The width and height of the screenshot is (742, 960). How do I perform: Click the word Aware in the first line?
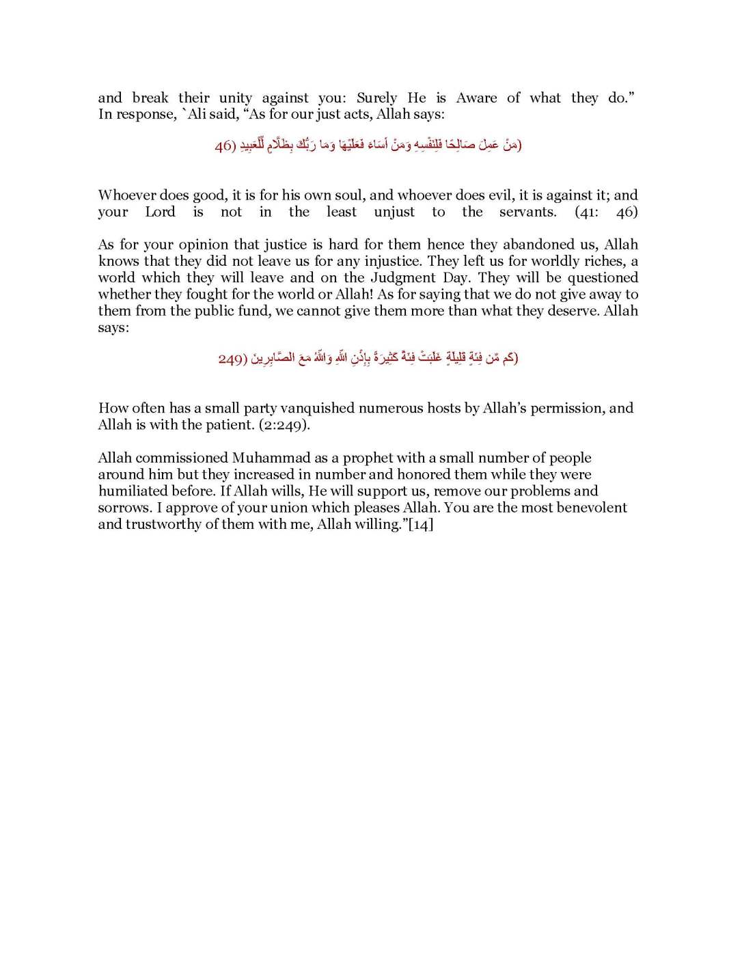tap(476, 98)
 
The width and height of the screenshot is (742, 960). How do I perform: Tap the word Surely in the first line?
tap(376, 98)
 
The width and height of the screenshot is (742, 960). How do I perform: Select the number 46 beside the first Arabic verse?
tap(225, 146)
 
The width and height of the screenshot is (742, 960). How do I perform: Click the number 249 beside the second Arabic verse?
tap(232, 359)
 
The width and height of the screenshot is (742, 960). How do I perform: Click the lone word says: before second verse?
tap(113, 327)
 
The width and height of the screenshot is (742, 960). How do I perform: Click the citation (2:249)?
tap(284, 425)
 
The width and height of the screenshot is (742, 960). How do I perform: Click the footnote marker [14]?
tap(420, 524)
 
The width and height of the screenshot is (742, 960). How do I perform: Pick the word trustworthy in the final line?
tap(167, 524)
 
